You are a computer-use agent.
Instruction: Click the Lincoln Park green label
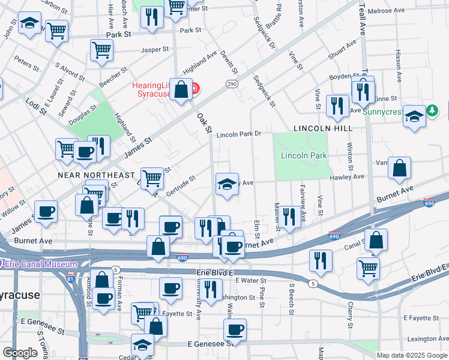pos(304,155)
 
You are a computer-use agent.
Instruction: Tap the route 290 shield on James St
pos(232,85)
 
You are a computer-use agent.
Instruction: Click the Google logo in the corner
pos(20,353)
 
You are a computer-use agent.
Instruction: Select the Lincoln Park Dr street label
pos(240,134)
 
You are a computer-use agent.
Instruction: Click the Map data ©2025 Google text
pos(412,355)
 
